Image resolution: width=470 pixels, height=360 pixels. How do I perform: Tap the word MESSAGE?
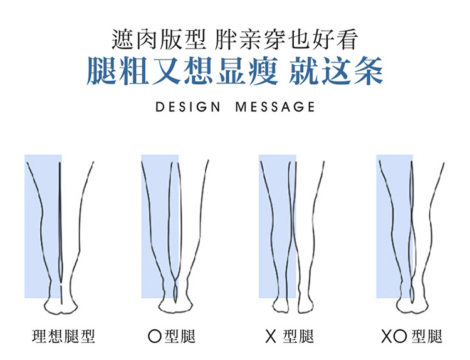click(275, 107)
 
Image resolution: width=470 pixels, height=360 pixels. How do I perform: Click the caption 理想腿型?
click(64, 336)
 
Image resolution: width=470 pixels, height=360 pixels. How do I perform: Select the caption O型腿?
click(171, 336)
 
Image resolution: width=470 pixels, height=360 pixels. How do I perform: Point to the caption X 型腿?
click(289, 336)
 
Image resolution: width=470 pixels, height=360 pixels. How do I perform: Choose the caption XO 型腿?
click(411, 336)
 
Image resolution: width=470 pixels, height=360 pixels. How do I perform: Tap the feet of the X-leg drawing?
click(293, 307)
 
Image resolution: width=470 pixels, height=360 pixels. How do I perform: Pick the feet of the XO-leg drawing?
click(412, 307)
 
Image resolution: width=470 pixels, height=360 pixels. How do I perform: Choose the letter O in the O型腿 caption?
click(154, 336)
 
